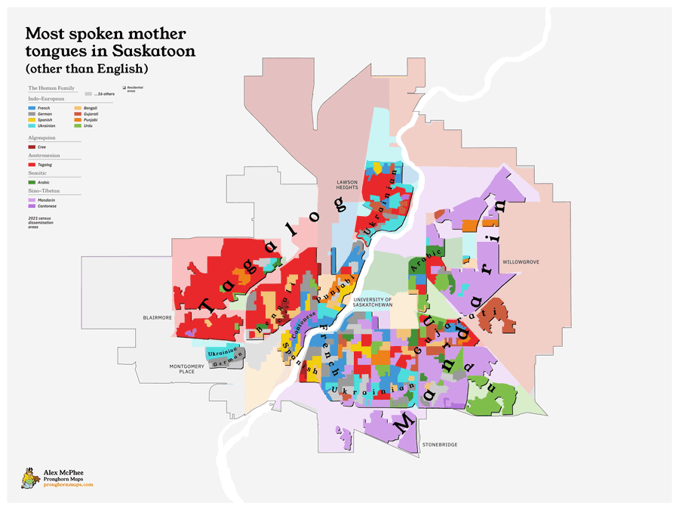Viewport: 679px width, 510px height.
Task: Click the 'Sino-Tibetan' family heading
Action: tap(43, 193)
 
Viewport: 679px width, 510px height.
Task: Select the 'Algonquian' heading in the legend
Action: tap(41, 138)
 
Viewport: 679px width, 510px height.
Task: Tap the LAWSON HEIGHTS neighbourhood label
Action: tap(347, 184)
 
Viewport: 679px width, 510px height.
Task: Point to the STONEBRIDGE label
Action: tap(439, 444)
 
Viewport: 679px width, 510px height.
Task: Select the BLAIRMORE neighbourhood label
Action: tap(157, 318)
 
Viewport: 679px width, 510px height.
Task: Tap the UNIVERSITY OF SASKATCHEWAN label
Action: tap(373, 302)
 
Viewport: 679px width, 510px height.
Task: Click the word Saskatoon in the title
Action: tap(155, 51)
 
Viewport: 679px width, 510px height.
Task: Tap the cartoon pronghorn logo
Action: tap(29, 478)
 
